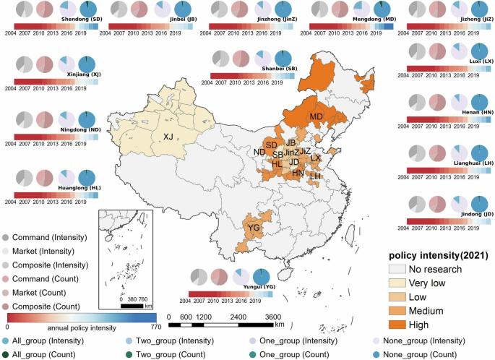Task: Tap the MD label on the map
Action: [316, 116]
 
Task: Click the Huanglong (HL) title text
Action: [59, 187]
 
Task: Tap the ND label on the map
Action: [259, 152]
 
